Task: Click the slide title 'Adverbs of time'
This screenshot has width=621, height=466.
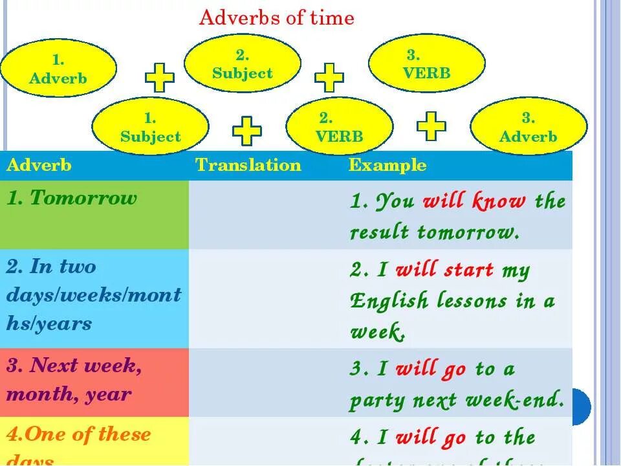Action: click(x=276, y=18)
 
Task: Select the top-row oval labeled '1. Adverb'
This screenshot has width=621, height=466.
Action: click(x=58, y=69)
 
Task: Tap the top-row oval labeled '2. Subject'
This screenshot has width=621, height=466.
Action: click(x=243, y=63)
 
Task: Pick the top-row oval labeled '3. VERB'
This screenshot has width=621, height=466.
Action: click(x=426, y=63)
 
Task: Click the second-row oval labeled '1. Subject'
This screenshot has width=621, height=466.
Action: click(x=150, y=127)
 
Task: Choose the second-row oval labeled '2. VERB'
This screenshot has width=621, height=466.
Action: click(x=339, y=127)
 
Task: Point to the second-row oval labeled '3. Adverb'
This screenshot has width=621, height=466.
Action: click(x=528, y=127)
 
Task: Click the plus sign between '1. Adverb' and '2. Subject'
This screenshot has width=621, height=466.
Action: click(x=160, y=78)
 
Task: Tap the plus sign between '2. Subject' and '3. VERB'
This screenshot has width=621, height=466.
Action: click(x=329, y=77)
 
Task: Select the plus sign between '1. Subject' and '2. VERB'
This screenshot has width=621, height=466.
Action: click(x=247, y=131)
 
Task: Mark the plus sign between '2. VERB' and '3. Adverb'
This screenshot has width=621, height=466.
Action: click(x=431, y=126)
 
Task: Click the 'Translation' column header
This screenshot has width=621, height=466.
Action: click(x=248, y=165)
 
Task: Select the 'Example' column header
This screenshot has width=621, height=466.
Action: click(x=387, y=165)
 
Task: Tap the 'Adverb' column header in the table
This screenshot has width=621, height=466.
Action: click(x=39, y=165)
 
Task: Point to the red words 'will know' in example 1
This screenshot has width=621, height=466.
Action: click(x=474, y=201)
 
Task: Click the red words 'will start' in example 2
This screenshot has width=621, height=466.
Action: click(x=444, y=270)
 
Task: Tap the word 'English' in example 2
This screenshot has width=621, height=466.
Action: click(x=389, y=301)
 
